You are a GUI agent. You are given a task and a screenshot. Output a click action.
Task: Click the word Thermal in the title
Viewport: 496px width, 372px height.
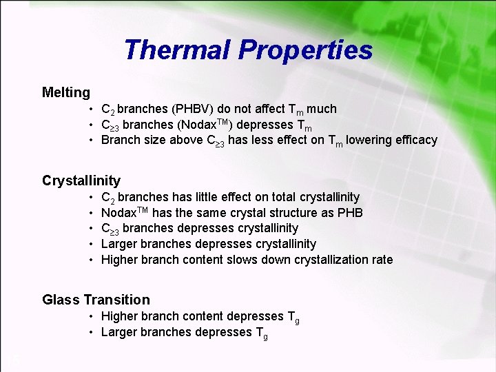177,50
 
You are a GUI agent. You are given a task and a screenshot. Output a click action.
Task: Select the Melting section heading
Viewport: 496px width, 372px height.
66,92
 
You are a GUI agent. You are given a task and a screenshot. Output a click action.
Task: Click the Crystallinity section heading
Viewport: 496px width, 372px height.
81,180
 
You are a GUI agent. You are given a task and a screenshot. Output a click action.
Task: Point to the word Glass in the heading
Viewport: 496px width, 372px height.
61,300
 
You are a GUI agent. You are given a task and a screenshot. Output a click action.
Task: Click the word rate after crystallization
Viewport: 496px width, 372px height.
381,260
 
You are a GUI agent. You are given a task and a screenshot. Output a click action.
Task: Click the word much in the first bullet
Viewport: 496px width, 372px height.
322,109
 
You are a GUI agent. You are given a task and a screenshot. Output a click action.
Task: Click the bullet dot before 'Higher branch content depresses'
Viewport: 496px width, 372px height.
91,316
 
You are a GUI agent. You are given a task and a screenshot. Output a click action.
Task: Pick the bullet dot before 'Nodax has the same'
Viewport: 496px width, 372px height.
91,213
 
